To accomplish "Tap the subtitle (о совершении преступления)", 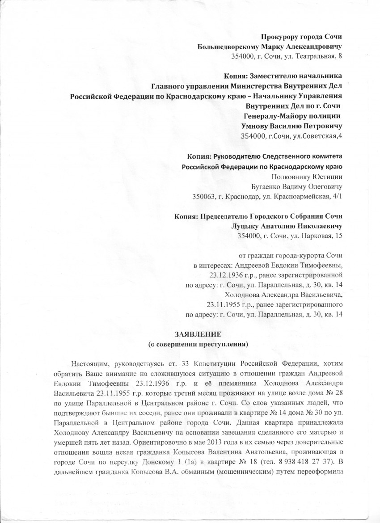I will click(x=197, y=345).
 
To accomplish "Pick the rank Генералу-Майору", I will click(x=272, y=116).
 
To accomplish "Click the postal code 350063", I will click(x=203, y=196).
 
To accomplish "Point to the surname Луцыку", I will click(x=248, y=226).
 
